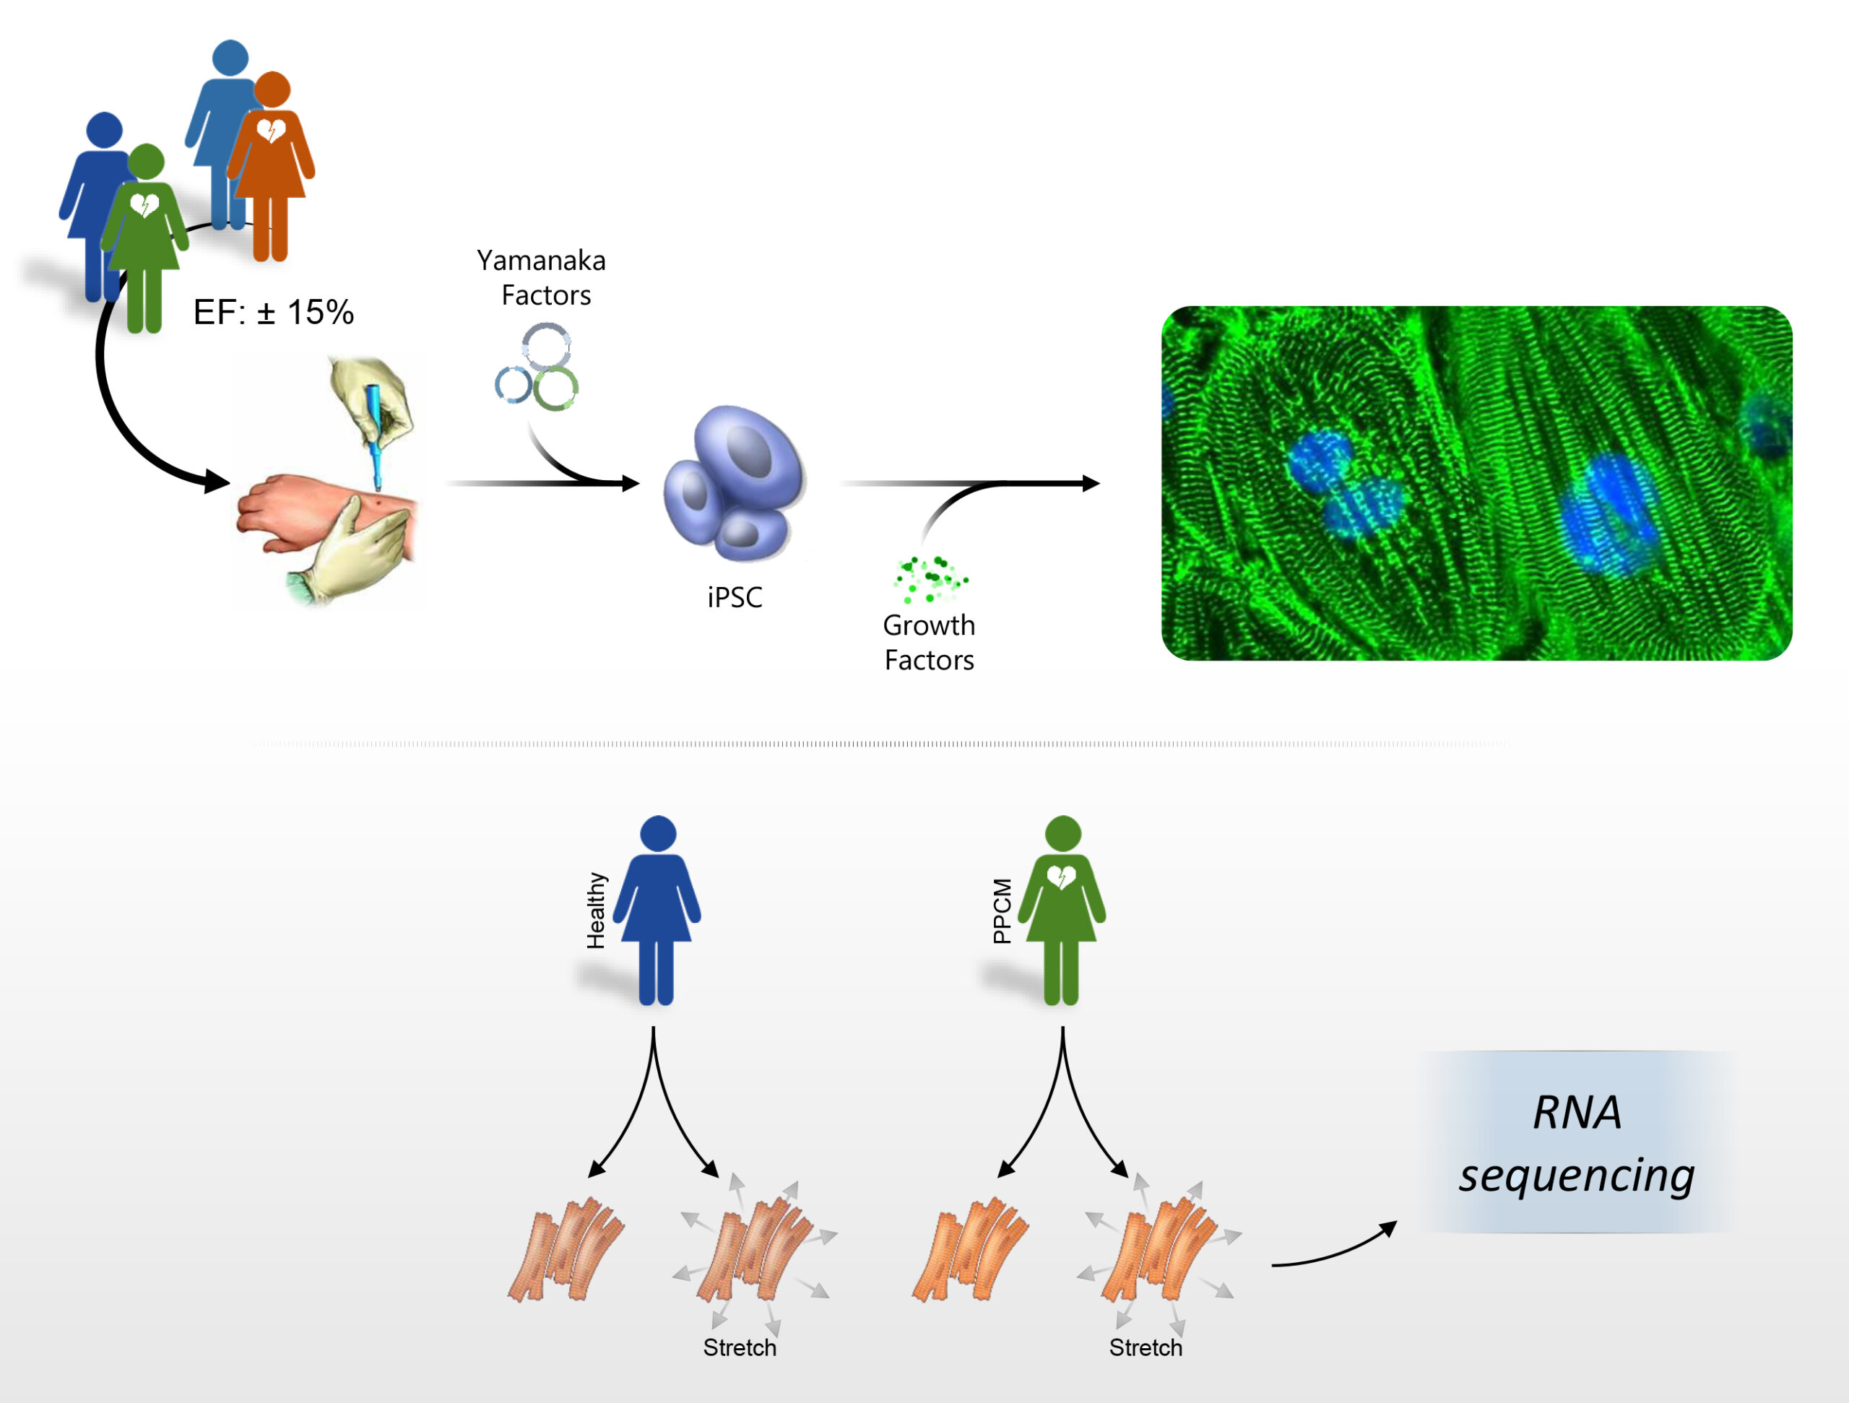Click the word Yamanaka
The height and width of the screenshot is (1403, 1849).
541,261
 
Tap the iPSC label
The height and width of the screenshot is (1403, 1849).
735,597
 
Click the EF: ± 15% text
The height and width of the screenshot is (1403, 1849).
273,313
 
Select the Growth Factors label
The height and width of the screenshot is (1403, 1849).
929,643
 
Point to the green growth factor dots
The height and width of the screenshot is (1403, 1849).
930,579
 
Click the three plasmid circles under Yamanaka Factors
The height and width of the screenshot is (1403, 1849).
537,367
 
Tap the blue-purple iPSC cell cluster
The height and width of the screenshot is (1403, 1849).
735,483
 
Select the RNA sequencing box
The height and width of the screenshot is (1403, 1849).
1577,1142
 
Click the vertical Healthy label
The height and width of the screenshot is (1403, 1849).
596,911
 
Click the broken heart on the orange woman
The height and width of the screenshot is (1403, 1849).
271,131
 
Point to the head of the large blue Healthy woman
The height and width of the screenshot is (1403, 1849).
658,833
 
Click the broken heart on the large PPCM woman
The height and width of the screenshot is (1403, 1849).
1062,877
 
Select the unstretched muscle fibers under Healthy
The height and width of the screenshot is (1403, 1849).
566,1249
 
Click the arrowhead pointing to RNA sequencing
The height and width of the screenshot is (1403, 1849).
1388,1228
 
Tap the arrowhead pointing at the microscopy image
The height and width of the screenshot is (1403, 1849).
1091,483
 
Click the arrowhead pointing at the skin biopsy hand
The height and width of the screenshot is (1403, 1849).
218,482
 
